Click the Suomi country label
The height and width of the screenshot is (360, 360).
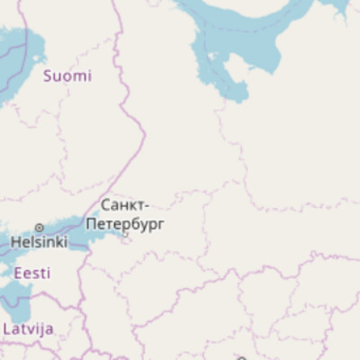pyautogui.click(x=67, y=76)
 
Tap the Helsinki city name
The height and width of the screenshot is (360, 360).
pyautogui.click(x=39, y=242)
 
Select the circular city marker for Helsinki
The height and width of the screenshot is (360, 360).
pyautogui.click(x=39, y=228)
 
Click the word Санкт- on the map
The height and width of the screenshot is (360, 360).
pyautogui.click(x=125, y=205)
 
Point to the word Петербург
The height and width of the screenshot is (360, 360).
pyautogui.click(x=125, y=223)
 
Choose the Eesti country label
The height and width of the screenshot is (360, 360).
pyautogui.click(x=31, y=273)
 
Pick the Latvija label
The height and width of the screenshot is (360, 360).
pyautogui.click(x=28, y=328)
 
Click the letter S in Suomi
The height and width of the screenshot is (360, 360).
pyautogui.click(x=48, y=76)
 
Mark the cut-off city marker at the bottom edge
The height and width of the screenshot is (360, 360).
pyautogui.click(x=240, y=358)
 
